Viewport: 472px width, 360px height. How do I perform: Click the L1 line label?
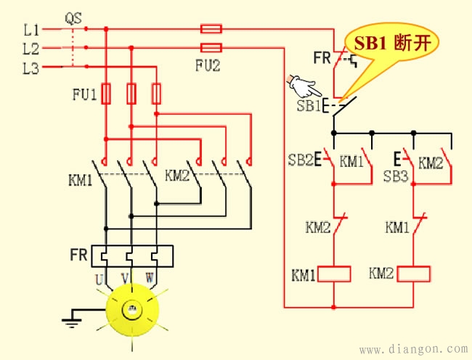(30, 30)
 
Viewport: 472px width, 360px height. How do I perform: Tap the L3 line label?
(30, 69)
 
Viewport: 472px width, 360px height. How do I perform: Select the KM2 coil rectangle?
(413, 274)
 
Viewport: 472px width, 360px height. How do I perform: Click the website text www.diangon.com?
(413, 348)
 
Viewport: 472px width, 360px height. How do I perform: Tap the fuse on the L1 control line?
(211, 29)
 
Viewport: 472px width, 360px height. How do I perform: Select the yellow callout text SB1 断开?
(392, 43)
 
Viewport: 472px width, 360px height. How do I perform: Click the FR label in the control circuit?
(322, 57)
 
